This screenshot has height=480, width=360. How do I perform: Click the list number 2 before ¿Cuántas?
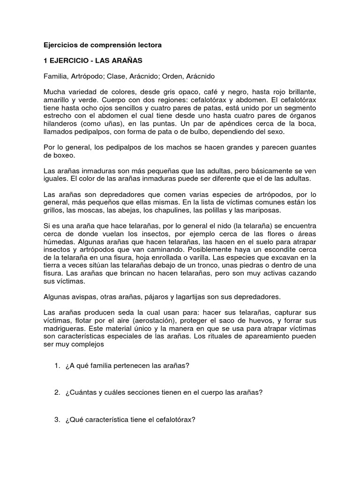pos(57,394)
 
